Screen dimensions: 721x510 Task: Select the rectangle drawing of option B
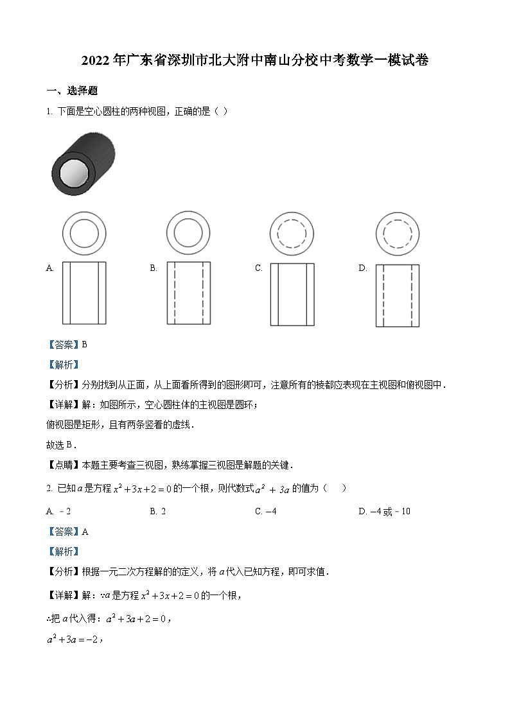coord(188,293)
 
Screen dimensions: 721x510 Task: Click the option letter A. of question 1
coord(50,268)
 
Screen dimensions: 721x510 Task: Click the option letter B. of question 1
coord(154,268)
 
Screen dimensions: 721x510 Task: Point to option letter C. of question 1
coord(259,268)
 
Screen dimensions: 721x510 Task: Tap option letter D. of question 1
coord(362,268)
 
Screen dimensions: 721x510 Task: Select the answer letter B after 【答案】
coord(84,345)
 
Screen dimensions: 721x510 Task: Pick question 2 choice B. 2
coord(158,511)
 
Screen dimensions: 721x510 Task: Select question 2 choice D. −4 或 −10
coord(384,511)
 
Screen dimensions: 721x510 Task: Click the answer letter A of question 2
coord(85,532)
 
